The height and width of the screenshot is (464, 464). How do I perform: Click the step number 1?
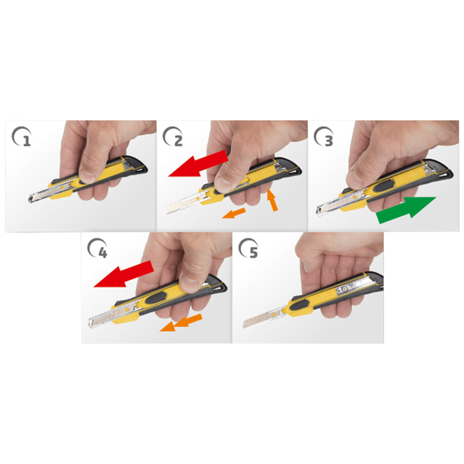27,141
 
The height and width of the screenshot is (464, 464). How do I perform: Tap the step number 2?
178,141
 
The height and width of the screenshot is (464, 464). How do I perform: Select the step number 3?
329,141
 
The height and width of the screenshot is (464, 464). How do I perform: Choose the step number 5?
254,253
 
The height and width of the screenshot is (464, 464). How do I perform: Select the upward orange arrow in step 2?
272,200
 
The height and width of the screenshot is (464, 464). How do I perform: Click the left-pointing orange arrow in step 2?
234,213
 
